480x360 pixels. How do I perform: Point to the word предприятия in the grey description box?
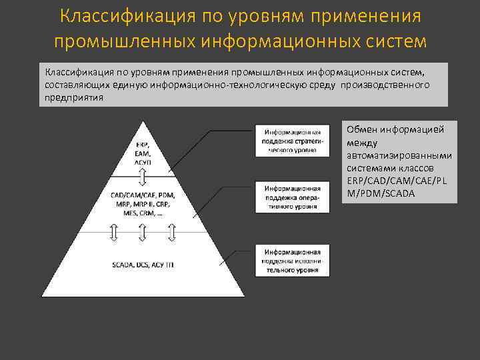coord(74,97)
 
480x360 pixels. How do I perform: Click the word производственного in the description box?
coord(387,85)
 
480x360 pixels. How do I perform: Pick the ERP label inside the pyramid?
coord(143,145)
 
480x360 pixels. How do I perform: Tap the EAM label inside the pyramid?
coord(143,153)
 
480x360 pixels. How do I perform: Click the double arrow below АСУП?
coord(143,177)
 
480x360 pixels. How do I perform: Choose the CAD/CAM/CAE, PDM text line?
coord(143,195)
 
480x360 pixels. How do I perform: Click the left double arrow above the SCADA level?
coord(113,232)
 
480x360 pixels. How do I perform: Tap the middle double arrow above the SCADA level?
coord(143,232)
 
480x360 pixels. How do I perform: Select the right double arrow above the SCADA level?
coord(172,232)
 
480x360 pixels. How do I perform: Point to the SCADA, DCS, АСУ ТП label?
coord(143,265)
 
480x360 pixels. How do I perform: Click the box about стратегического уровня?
coord(292,141)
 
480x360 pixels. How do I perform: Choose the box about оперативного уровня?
coord(292,197)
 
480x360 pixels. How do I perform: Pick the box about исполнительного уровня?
coord(292,261)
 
